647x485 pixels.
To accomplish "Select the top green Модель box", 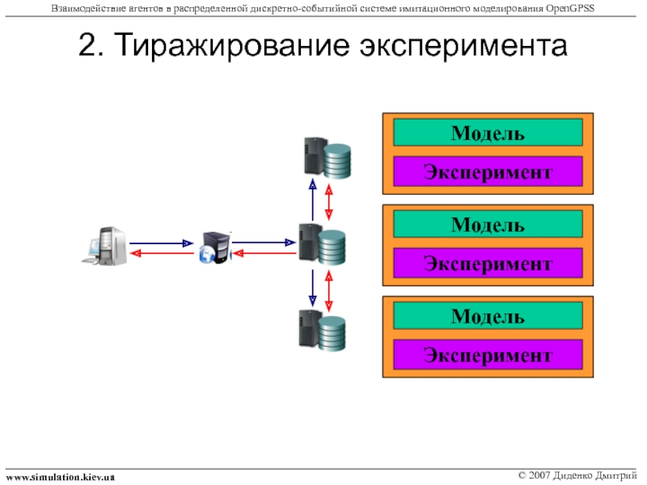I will coord(488,132).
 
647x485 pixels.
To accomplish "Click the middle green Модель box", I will coord(488,223).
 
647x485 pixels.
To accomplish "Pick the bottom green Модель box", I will coord(488,315).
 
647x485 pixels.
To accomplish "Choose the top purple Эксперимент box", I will coord(488,171).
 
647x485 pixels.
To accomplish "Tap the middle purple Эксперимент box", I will coord(488,263).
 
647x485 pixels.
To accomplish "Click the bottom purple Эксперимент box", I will coord(488,354).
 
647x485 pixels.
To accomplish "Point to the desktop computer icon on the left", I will coord(106,246).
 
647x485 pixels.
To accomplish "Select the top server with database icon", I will coord(326,158).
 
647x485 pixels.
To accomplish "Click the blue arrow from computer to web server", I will coord(162,242).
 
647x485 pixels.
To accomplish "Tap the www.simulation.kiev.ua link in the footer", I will coord(60,477).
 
